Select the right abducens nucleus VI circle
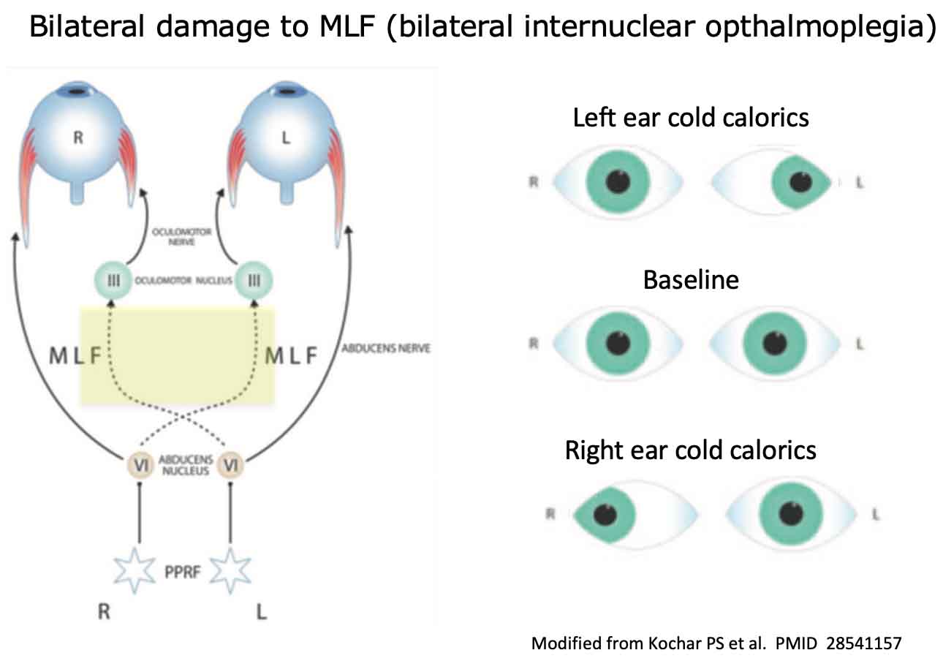pos(137,464)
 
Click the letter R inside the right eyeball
pos(79,137)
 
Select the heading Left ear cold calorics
pos(691,117)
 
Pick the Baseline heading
pos(691,279)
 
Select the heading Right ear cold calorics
pos(691,449)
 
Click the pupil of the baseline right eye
pos(618,343)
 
